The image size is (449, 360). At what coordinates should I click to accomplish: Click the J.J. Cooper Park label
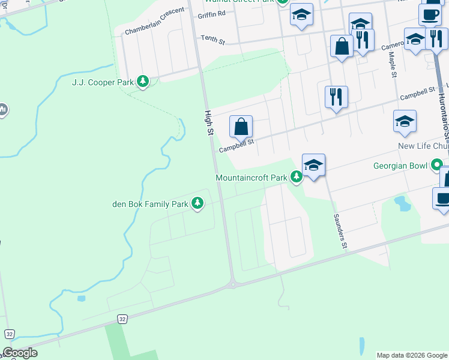(102, 82)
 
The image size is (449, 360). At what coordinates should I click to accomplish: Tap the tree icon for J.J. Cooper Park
(143, 82)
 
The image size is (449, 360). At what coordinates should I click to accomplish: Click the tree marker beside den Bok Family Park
(198, 204)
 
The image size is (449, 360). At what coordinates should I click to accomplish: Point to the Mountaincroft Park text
(252, 178)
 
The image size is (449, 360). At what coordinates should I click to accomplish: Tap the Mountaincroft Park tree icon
(297, 177)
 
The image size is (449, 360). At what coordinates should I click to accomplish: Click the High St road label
(209, 122)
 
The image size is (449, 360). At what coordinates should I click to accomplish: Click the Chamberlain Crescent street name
(154, 26)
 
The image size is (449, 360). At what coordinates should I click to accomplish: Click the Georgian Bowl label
(400, 166)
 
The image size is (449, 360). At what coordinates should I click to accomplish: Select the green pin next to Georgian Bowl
(437, 164)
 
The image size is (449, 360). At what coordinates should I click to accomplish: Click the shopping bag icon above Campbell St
(241, 127)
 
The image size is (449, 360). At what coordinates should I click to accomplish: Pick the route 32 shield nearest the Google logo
(9, 334)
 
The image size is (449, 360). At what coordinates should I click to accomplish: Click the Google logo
(20, 353)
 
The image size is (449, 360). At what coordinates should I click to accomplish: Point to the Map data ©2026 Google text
(412, 355)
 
